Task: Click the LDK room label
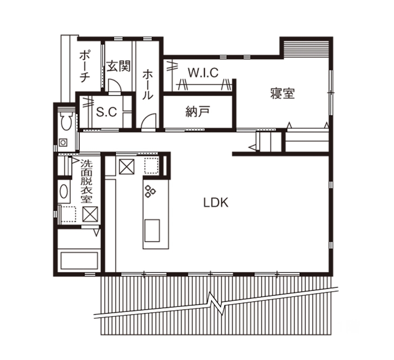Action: [215, 203]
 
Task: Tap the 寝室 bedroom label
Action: [282, 93]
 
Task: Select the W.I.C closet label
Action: [204, 73]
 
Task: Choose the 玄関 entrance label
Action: [118, 66]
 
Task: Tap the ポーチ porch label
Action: [85, 66]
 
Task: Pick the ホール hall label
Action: [147, 84]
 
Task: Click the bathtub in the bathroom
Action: [79, 260]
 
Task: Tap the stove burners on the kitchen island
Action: [151, 191]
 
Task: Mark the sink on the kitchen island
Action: [153, 230]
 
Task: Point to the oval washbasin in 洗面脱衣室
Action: [64, 192]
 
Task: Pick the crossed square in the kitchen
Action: [126, 167]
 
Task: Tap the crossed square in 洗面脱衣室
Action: [90, 214]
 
